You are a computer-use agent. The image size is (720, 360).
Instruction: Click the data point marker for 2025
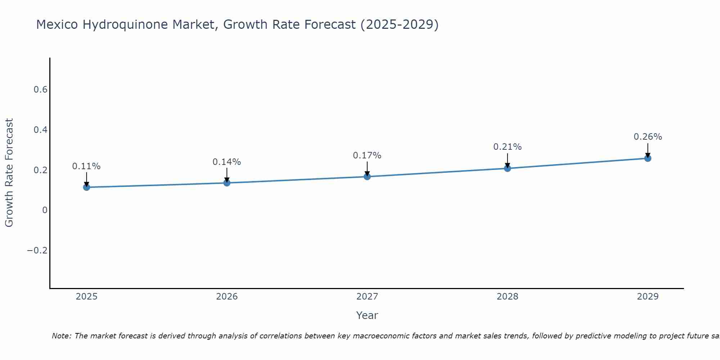coord(86,187)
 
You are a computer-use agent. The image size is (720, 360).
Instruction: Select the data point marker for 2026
coord(227,183)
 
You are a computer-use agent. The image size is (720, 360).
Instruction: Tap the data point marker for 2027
coord(367,176)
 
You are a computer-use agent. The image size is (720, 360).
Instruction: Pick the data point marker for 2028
coord(508,168)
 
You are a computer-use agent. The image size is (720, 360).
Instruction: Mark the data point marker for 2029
coord(648,158)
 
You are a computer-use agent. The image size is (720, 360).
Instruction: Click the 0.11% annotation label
coord(86,166)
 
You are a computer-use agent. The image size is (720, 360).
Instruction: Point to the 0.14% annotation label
coord(227,162)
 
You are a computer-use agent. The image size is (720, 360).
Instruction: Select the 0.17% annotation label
coord(367,156)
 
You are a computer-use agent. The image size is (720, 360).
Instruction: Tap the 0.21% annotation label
coord(508,147)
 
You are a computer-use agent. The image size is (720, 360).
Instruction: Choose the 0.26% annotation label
coord(648,137)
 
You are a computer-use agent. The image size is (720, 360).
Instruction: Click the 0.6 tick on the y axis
coord(41,90)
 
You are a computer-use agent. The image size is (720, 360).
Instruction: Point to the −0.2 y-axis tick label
coord(37,251)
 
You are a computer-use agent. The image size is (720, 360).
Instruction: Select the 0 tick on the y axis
coord(45,210)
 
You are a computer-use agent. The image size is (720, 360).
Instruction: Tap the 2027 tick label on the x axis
coord(367,297)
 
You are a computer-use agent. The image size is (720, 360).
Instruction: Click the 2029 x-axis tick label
coord(648,297)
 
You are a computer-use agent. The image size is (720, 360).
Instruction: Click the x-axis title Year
coord(367,315)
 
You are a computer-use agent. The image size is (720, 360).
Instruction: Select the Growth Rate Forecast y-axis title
coord(9,173)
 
